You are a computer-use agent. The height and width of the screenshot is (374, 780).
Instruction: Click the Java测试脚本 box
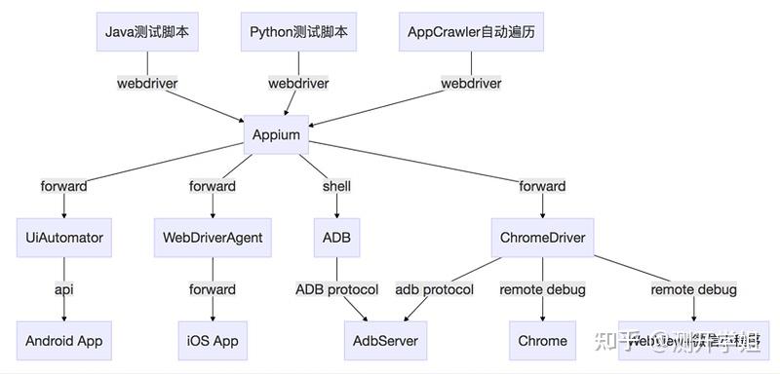[147, 32]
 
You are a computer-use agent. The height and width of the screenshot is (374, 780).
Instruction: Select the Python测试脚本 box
[297, 32]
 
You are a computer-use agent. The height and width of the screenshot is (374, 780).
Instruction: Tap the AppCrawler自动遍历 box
[471, 32]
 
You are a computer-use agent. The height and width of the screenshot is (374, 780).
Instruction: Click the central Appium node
[276, 134]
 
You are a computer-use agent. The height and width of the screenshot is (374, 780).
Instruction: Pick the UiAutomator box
[65, 238]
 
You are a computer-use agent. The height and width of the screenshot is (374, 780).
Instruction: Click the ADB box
[336, 238]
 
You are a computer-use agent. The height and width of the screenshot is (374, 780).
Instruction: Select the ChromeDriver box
[542, 238]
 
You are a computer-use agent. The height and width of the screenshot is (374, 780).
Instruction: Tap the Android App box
[64, 341]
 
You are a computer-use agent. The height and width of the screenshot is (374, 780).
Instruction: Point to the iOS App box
[213, 341]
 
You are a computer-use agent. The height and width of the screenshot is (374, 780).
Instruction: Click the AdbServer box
[387, 341]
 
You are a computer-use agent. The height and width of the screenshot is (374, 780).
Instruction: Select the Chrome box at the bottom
[543, 341]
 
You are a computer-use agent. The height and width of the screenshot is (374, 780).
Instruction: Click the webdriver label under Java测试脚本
[147, 83]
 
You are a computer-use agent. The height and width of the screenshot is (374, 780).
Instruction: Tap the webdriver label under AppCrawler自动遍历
[471, 83]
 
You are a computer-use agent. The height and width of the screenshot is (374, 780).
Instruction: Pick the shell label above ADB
[336, 186]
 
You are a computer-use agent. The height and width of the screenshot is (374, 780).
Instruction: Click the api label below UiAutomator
[64, 289]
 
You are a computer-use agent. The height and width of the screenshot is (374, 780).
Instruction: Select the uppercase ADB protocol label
[336, 289]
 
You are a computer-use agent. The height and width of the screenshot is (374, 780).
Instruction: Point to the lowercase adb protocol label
[435, 289]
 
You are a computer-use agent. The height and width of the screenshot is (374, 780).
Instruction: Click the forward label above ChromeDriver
[542, 186]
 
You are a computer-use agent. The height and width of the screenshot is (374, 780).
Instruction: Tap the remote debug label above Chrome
[543, 289]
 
